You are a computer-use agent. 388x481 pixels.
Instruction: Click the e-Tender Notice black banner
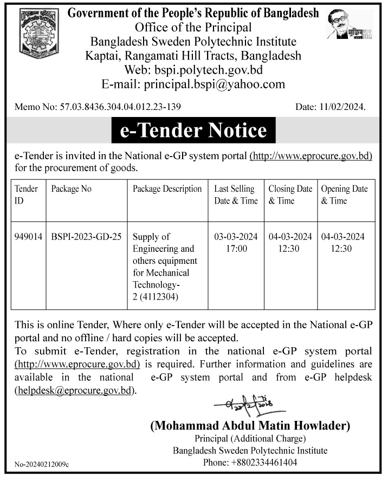193,131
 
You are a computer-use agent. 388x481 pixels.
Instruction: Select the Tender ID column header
26,194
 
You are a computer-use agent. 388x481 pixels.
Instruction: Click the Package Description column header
167,189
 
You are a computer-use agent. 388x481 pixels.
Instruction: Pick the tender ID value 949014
28,237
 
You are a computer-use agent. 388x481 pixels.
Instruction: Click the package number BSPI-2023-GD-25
86,237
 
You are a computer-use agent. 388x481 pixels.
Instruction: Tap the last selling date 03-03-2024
236,237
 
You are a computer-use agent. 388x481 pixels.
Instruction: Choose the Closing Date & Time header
290,194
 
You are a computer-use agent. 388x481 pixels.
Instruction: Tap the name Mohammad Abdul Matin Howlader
250,426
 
